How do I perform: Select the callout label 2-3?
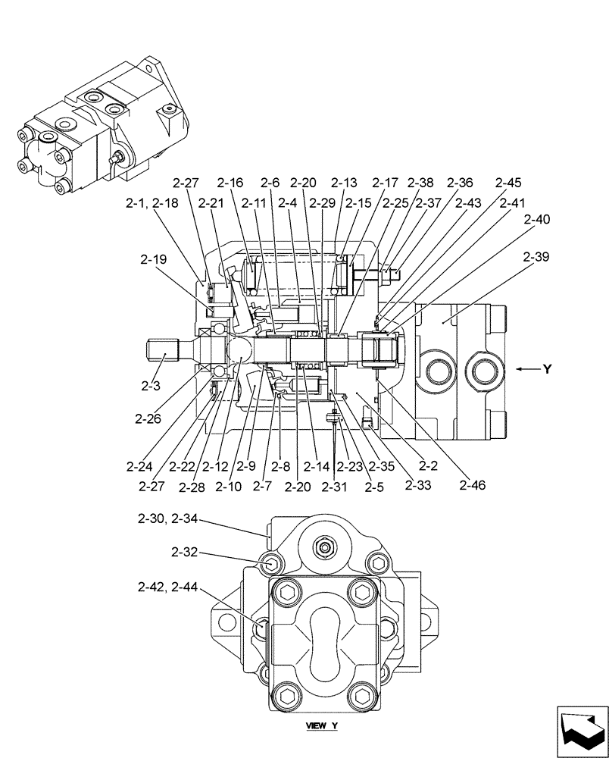pyautogui.click(x=151, y=387)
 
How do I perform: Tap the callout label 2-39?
pyautogui.click(x=536, y=258)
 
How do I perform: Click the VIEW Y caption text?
pyautogui.click(x=322, y=726)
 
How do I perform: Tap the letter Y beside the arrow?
pyautogui.click(x=546, y=369)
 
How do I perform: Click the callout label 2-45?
pyautogui.click(x=508, y=183)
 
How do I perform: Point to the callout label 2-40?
pyautogui.click(x=536, y=220)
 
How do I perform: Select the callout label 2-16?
pyautogui.click(x=230, y=183)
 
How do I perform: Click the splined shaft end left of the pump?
pyautogui.click(x=161, y=351)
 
